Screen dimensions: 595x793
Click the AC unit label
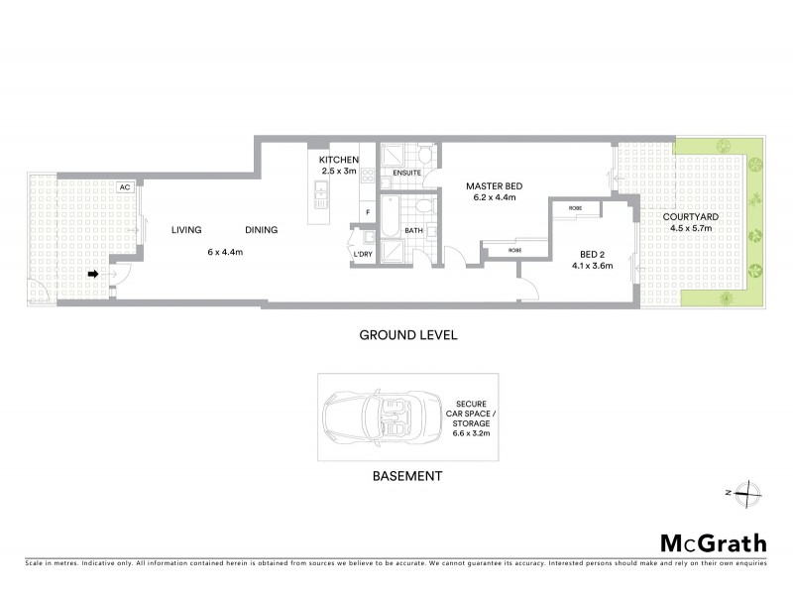coord(125,186)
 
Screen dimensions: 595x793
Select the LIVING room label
coord(185,230)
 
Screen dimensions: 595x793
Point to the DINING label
coord(259,230)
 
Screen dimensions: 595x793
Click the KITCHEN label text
coord(338,160)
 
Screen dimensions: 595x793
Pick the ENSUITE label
coord(406,173)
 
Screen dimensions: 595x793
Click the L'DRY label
coord(362,255)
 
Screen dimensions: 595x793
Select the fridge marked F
coord(367,211)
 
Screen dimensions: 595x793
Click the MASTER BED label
coord(495,186)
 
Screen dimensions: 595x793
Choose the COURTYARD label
coord(692,215)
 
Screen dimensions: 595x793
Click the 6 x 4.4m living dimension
coord(225,252)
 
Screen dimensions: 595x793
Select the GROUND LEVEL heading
coord(406,335)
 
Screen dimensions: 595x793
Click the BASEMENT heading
coord(406,476)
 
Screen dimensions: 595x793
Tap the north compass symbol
coord(750,493)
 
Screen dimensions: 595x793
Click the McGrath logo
coord(712,542)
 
